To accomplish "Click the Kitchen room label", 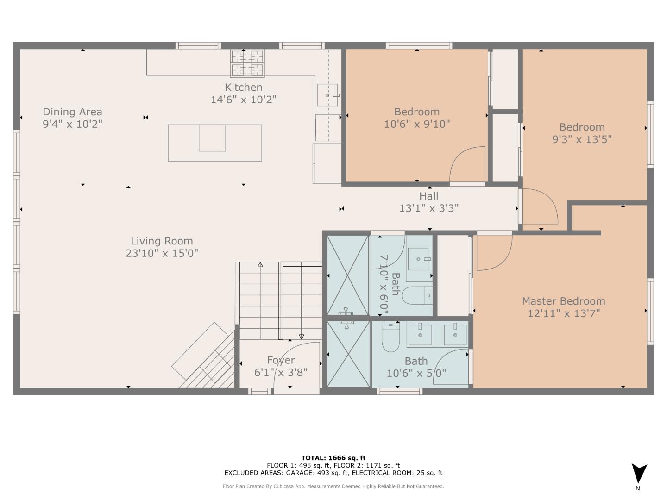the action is tap(243, 87).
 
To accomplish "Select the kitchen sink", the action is tap(327, 95).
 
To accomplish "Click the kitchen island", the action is tap(214, 143).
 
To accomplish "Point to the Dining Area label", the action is tap(72, 112).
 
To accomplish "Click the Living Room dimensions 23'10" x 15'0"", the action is tap(162, 253).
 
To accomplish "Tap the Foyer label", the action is tap(281, 360).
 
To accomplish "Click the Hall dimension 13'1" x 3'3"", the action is tap(429, 208).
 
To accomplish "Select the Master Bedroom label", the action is tap(563, 301).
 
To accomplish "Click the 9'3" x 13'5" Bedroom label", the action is tap(582, 127).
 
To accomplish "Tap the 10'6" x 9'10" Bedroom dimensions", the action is tap(417, 124).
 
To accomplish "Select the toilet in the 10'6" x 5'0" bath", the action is tap(390, 339).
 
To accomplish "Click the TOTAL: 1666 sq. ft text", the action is tap(333, 458).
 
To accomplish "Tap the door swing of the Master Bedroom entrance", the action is tap(493, 252).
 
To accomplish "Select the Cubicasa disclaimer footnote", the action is tap(333, 486).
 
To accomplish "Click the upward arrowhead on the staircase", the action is tap(260, 265).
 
